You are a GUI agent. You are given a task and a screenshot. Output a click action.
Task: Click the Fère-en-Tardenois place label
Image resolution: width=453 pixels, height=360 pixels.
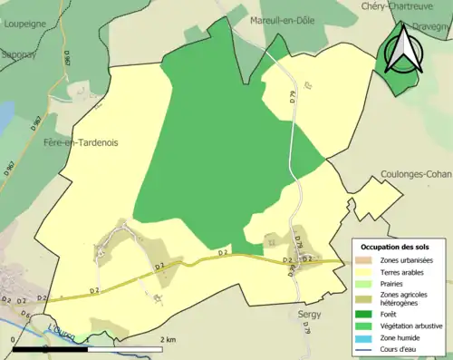click(x=81, y=142)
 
